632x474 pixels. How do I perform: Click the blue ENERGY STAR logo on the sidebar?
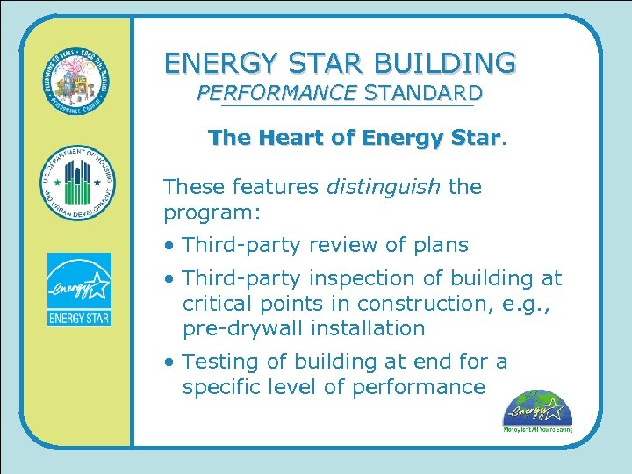click(x=79, y=289)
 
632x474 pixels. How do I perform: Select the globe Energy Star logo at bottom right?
click(x=537, y=411)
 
